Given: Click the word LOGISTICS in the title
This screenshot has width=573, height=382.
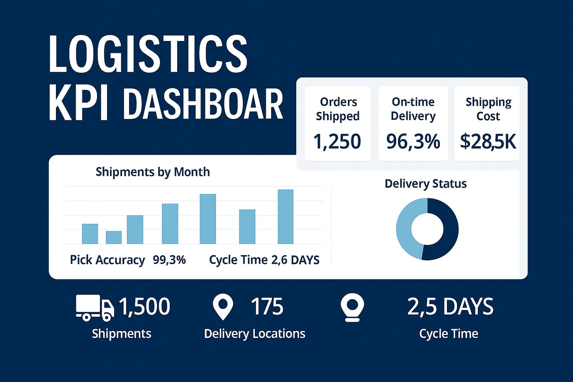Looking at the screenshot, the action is (x=148, y=53).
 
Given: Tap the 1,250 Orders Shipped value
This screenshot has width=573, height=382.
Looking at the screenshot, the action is (x=337, y=141).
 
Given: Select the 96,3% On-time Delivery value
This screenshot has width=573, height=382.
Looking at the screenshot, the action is (x=413, y=141).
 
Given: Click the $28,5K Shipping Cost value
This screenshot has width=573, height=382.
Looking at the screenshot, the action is (x=488, y=141).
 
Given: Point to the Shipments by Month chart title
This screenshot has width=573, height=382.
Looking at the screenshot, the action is (x=153, y=172).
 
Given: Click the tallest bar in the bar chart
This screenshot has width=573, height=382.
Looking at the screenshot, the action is (x=286, y=217).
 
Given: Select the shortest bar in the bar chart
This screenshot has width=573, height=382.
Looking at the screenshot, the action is (x=114, y=237).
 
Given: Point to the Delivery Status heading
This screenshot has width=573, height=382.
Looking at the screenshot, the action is (x=426, y=184).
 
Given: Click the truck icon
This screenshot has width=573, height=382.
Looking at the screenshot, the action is (x=95, y=308).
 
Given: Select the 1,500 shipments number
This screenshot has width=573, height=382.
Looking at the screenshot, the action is (x=145, y=306).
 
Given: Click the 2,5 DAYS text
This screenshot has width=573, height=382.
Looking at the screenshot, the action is (x=450, y=306).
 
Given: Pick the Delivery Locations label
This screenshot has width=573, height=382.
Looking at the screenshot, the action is (x=255, y=334).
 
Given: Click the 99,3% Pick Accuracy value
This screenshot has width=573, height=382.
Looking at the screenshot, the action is (x=169, y=260).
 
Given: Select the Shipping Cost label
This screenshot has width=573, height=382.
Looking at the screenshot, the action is (x=488, y=109).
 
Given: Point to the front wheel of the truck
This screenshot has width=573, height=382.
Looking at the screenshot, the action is (x=107, y=318).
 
